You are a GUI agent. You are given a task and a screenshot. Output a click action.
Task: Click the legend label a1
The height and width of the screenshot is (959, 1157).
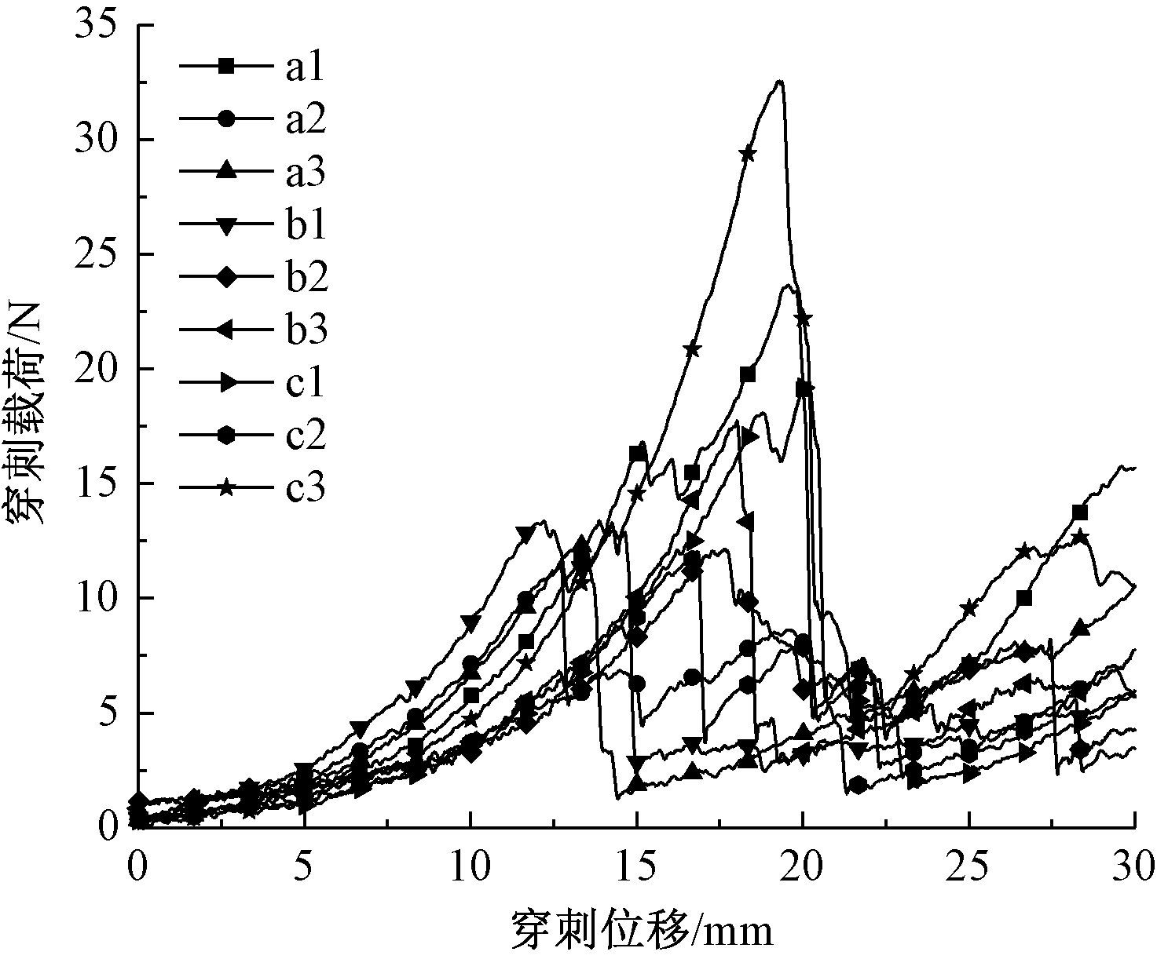click(x=305, y=68)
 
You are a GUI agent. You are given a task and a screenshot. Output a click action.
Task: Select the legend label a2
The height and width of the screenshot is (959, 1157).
click(x=305, y=120)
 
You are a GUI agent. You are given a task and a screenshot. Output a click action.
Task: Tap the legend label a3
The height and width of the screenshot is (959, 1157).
click(x=305, y=172)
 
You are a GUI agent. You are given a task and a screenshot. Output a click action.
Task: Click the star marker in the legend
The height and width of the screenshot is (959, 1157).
click(x=226, y=488)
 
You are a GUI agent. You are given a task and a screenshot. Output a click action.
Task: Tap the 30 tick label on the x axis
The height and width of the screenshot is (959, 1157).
click(x=1134, y=869)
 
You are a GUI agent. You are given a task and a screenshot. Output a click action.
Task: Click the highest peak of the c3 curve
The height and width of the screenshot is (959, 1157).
click(x=779, y=81)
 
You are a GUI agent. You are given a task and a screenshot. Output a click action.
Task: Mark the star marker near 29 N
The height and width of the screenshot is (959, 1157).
click(x=748, y=154)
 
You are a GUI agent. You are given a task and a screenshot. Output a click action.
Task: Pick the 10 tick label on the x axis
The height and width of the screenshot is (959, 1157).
click(x=470, y=869)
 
